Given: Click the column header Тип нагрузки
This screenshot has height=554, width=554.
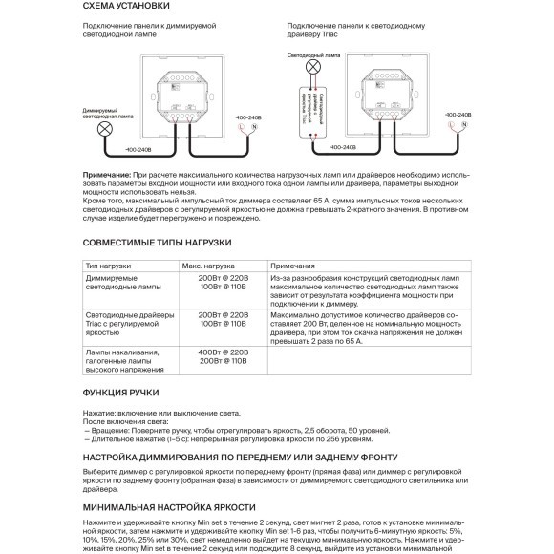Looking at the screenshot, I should coord(107,266).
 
